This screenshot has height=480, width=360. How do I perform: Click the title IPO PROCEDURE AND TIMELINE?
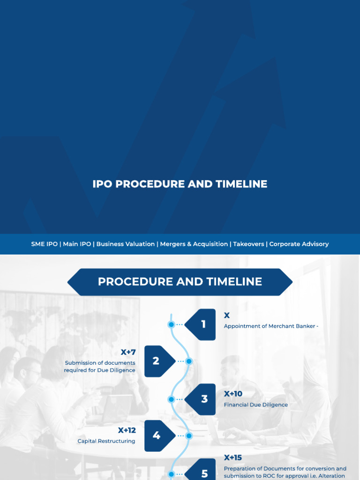click(x=180, y=184)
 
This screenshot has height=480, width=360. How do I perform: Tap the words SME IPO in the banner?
click(x=45, y=244)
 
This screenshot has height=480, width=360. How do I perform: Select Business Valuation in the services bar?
click(x=125, y=244)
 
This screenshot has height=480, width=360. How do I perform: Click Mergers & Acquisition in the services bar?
click(x=194, y=244)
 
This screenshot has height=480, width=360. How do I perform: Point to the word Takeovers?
click(x=248, y=244)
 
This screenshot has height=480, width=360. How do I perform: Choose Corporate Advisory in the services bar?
click(x=299, y=244)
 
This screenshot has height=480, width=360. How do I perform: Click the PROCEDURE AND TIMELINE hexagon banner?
click(x=180, y=282)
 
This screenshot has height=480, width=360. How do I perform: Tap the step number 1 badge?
click(x=202, y=324)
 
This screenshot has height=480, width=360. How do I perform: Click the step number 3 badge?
click(x=203, y=399)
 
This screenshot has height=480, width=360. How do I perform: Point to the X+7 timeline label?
click(x=128, y=352)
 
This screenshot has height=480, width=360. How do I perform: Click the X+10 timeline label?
click(x=233, y=394)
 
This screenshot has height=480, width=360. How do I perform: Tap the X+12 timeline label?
click(x=127, y=430)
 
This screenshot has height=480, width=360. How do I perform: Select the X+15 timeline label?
click(x=233, y=457)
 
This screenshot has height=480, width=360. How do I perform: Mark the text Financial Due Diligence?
click(x=256, y=405)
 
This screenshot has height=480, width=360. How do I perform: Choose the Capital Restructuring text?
click(x=106, y=441)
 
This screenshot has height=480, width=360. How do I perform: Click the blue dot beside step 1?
click(x=172, y=324)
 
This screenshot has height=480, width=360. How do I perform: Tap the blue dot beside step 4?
click(x=189, y=436)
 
